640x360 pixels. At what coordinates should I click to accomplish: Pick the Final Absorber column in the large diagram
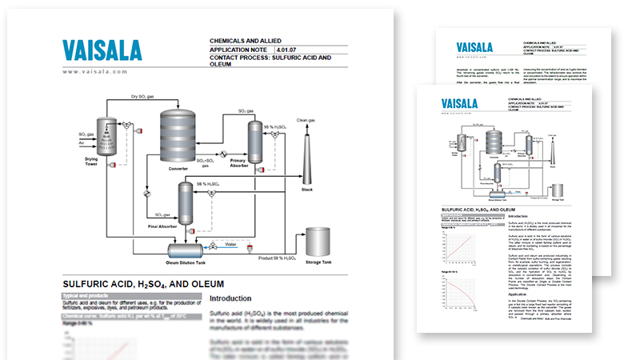(185, 205)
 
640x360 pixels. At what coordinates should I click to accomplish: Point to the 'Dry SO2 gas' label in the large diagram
(149, 96)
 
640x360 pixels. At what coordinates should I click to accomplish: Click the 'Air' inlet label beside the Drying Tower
(82, 143)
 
